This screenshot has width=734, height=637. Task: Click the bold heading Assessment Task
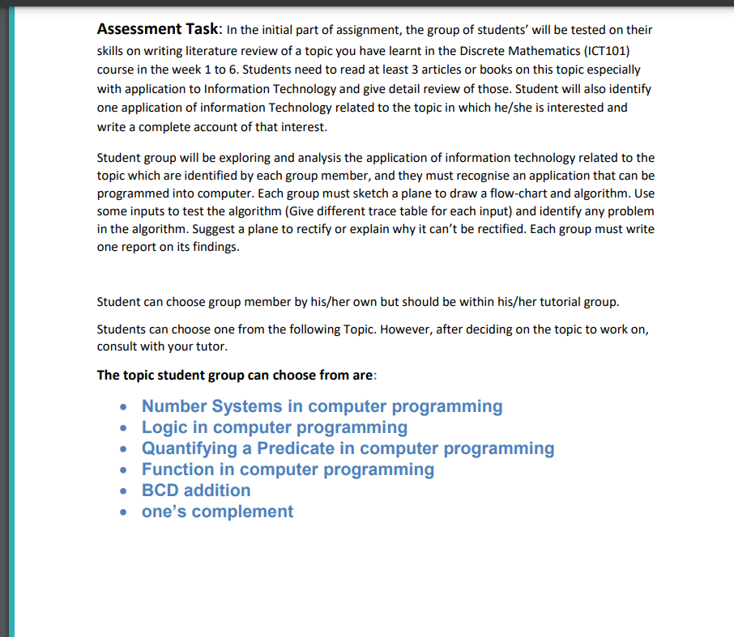point(157,30)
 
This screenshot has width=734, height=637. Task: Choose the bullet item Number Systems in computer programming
point(322,406)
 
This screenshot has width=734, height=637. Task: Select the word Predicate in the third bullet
point(296,448)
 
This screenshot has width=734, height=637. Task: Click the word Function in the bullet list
point(177,469)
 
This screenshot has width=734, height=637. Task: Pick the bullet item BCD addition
point(196,490)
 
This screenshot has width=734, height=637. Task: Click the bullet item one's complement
point(217,512)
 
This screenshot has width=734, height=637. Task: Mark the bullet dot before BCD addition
point(122,491)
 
